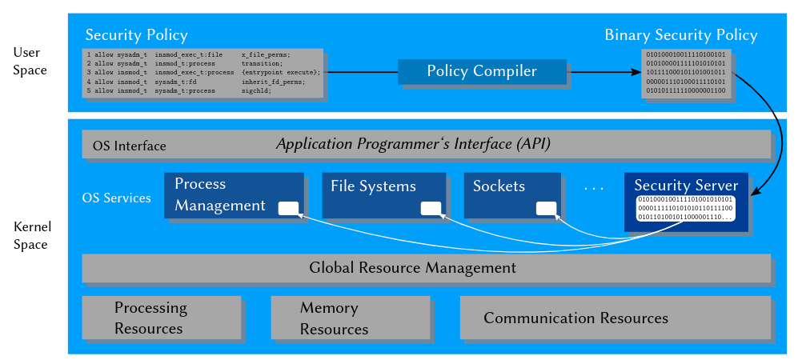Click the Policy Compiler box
pyautogui.click(x=482, y=71)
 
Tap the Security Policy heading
pyautogui.click(x=136, y=35)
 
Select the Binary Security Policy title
pyautogui.click(x=680, y=35)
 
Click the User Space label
pyautogui.click(x=30, y=62)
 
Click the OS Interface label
pyautogui.click(x=129, y=146)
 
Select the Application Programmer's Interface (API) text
pyautogui.click(x=413, y=144)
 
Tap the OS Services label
pyautogui.click(x=116, y=198)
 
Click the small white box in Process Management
pyautogui.click(x=288, y=209)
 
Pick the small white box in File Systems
pyautogui.click(x=431, y=209)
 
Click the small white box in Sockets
pyautogui.click(x=546, y=209)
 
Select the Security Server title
pyautogui.click(x=686, y=186)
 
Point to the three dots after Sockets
pyautogui.click(x=594, y=188)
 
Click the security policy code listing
pyautogui.click(x=203, y=73)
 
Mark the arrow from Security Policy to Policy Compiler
pyautogui.click(x=361, y=72)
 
